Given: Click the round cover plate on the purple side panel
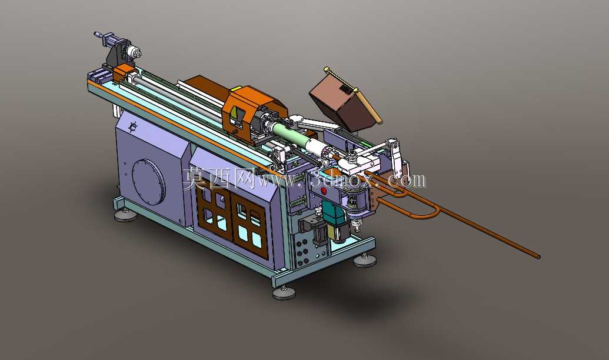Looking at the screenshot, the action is point(148,182).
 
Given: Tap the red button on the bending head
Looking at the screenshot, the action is point(324,191).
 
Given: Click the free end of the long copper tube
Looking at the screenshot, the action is point(538,256).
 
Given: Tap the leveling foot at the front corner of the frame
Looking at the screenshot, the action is point(284,293).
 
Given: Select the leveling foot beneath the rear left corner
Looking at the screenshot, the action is point(125,215).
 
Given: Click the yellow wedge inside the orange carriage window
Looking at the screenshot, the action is point(235,112).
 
